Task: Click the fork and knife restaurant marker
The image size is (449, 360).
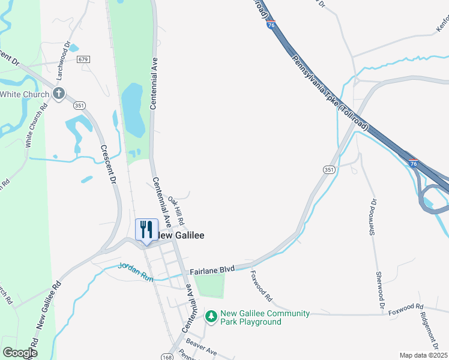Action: (146, 230)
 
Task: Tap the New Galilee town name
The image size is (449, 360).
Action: (181, 236)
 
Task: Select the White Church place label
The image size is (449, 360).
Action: (25, 94)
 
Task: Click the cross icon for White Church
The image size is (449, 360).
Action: (58, 94)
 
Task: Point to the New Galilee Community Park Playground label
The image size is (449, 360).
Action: (265, 317)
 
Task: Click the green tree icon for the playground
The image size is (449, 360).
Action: (211, 316)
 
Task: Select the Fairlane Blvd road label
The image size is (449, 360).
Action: (211, 272)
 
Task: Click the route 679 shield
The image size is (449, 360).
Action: (83, 59)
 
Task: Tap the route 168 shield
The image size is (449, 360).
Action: (166, 358)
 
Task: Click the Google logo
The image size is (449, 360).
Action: (20, 353)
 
